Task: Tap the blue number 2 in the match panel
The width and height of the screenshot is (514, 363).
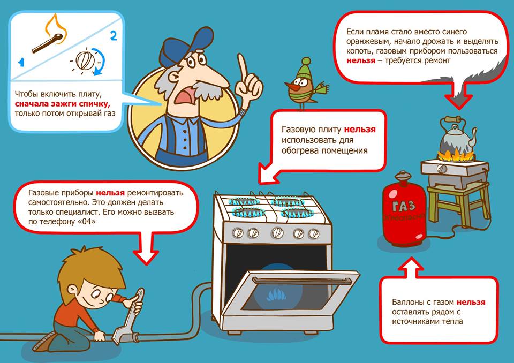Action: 114,35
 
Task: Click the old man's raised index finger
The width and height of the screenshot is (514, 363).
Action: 243,67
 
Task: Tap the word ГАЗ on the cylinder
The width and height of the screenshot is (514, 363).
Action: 404,206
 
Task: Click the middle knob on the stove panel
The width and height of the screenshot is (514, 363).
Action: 277,232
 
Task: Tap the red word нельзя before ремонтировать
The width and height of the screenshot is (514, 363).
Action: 110,193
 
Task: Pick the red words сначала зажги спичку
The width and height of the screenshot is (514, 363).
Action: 63,104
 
